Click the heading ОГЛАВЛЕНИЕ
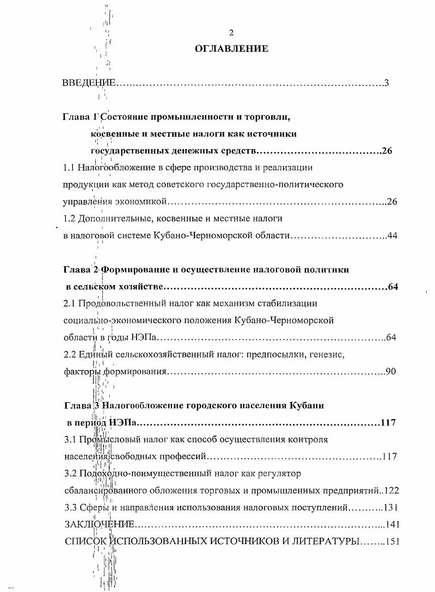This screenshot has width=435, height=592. (231, 49)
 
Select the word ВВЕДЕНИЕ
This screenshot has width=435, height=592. (89, 83)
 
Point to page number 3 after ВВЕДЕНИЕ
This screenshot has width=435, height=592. (386, 83)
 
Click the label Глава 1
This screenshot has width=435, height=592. (79, 116)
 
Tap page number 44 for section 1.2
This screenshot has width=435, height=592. (392, 236)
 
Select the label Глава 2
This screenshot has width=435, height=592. (79, 270)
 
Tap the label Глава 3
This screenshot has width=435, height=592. (79, 405)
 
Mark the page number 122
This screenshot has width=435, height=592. (391, 490)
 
